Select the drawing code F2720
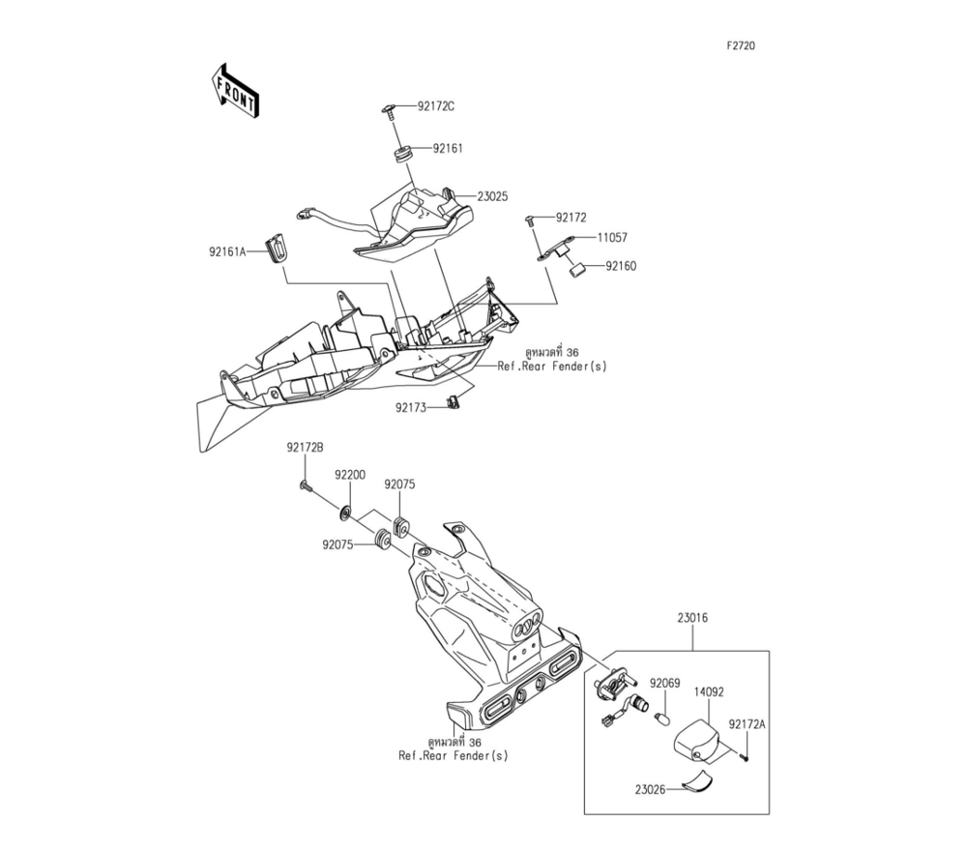742,45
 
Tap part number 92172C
436,106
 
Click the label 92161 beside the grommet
448,149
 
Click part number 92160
622,265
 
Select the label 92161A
228,251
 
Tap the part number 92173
411,408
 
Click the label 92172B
305,447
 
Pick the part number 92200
350,475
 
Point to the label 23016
693,615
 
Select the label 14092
709,692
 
